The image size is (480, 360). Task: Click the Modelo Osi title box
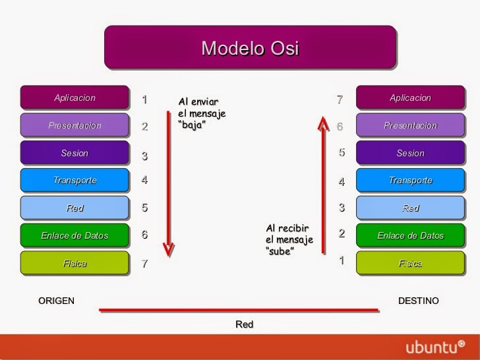[x=250, y=47]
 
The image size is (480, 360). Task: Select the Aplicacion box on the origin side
[x=75, y=98]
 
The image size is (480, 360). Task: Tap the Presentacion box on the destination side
[x=410, y=125]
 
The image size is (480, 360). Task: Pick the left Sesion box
[x=75, y=153]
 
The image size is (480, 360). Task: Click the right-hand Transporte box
[x=410, y=181]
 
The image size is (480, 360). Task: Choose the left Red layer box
[x=75, y=208]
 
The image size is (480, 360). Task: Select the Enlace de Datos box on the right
[x=410, y=235]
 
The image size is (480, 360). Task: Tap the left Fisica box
[x=75, y=263]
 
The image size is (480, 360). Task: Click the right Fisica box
[x=410, y=263]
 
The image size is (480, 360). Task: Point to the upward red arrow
[x=322, y=185]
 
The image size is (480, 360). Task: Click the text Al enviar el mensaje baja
[x=202, y=113]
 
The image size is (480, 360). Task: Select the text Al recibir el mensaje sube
[x=289, y=239]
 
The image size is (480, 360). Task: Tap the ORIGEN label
[x=57, y=301]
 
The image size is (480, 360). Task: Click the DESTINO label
[x=418, y=301]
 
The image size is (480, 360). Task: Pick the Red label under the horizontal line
[x=244, y=324]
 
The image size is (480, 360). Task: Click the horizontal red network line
[x=239, y=309]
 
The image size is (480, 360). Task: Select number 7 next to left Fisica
[x=144, y=264]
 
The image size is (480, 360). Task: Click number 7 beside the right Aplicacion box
[x=340, y=100]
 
